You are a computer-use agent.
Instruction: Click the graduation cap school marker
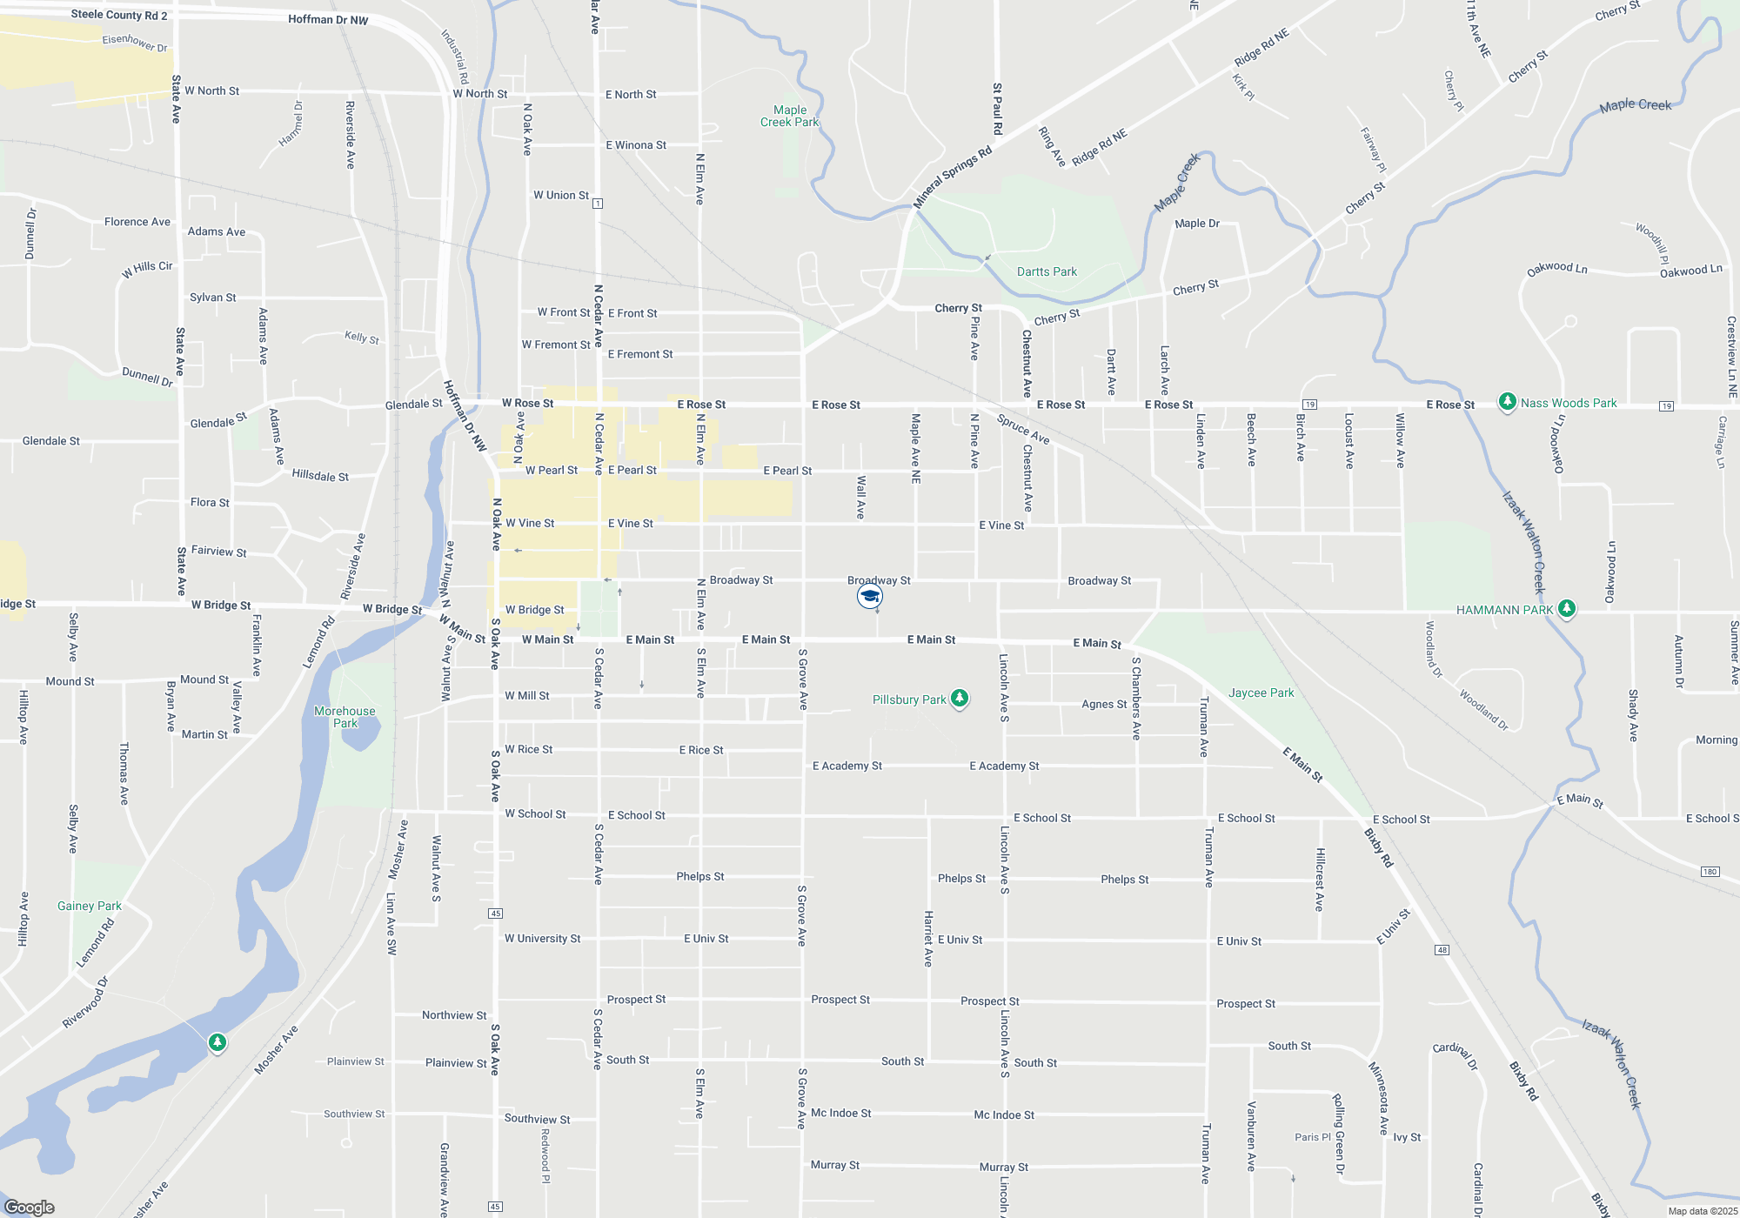870,596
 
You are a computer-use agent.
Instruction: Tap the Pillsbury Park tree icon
960,699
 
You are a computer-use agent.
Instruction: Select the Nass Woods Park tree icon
1507,402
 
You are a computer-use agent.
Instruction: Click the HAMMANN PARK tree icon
1567,609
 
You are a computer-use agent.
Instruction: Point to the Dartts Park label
1047,271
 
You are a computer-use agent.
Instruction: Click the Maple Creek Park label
789,116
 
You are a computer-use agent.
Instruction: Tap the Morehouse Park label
345,717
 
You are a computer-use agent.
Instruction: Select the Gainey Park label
89,906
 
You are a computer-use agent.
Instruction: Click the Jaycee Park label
1261,693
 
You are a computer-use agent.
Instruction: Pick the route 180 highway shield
1710,871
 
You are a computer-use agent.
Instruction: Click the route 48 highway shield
1442,949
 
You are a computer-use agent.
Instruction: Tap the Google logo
30,1207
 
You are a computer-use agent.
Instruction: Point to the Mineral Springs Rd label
953,177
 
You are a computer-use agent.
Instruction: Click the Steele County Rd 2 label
118,15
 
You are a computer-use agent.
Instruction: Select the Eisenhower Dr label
135,42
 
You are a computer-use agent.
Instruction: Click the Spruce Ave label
1023,428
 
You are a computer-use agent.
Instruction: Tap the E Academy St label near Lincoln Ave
1004,766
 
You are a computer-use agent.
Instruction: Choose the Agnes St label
1103,704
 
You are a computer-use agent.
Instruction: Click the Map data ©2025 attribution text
1702,1211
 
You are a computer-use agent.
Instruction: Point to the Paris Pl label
1312,1137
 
